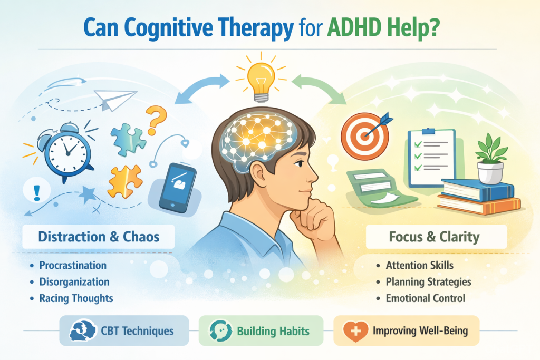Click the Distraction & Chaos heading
click(99, 237)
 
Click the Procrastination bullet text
click(73, 265)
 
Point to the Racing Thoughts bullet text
click(76, 298)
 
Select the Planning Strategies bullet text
click(428, 281)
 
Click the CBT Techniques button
click(124, 332)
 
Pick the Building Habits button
click(261, 332)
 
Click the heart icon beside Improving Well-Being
click(354, 332)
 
